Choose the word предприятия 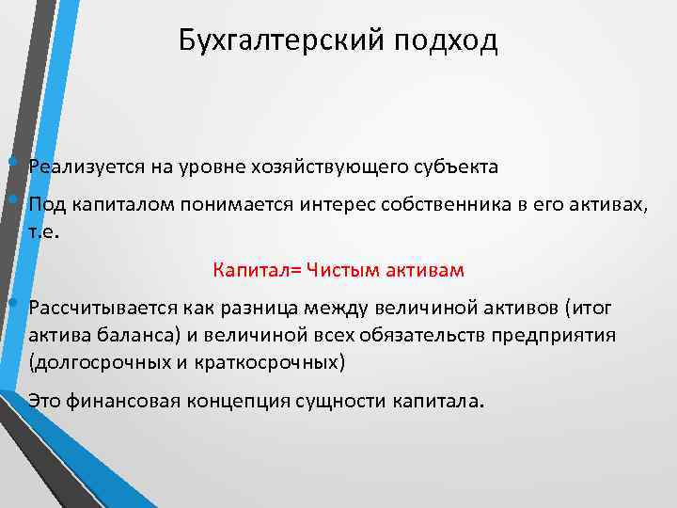(558, 336)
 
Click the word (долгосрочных (87, 361)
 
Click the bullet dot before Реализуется (10, 161)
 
